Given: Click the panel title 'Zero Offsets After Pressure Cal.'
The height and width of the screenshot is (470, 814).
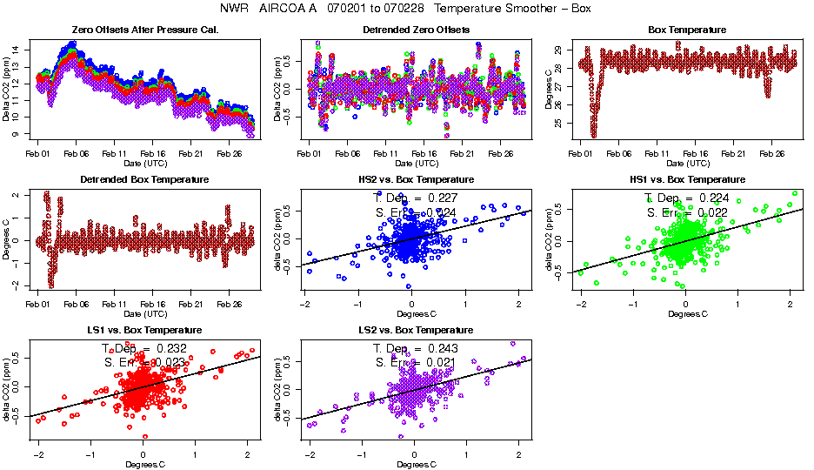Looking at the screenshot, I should pos(143,30).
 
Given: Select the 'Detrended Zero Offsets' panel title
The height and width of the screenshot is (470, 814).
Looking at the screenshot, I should pos(416,30).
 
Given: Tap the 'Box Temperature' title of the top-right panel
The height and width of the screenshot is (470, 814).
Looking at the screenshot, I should pos(687,30).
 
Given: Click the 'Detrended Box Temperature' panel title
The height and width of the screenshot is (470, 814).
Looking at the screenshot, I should pos(144,179).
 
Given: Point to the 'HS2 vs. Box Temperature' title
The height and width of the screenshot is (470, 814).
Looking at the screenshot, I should pos(416,179).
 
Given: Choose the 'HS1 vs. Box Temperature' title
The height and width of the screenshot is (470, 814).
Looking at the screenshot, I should pos(687,179).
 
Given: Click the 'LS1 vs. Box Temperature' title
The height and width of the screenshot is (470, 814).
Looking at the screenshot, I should pos(144,331).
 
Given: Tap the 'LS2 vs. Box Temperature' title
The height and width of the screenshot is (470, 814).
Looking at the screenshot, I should pos(416,331).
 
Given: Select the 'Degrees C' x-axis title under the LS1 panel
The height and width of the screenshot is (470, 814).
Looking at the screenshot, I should pos(144,464).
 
